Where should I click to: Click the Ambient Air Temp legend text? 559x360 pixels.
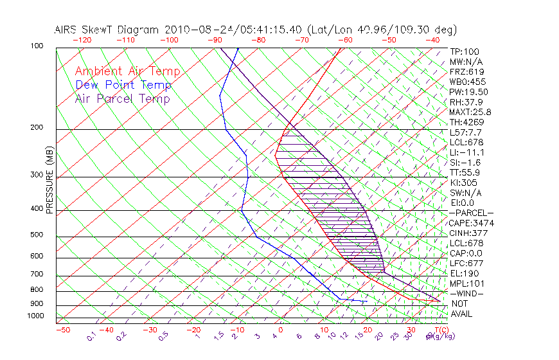pos(127,71)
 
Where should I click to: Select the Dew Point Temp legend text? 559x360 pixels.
pos(123,85)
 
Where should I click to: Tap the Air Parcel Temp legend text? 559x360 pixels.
pos(122,98)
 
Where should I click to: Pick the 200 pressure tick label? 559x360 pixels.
pos(37,127)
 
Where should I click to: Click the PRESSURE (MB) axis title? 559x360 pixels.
pos(49,181)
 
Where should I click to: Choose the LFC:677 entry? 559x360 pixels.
pos(466,263)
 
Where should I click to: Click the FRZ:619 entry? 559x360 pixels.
pos(466,71)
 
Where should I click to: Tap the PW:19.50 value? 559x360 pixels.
pos(468,92)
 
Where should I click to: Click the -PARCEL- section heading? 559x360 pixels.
pos(471,213)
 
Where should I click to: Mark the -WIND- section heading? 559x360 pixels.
pos(466,293)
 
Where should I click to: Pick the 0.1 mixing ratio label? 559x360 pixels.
pos(91,336)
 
